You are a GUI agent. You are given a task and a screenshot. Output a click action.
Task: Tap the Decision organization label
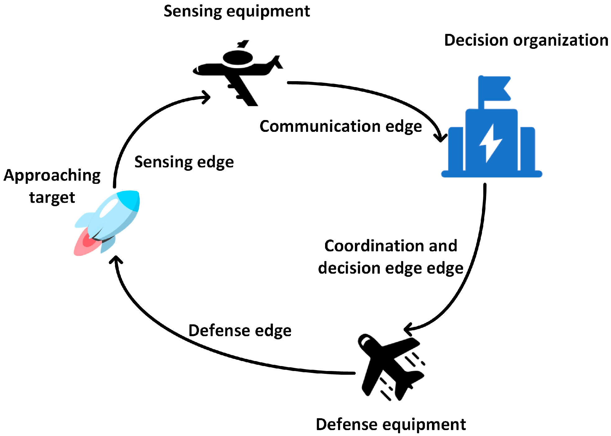point(526,40)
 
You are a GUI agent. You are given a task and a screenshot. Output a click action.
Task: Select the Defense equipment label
point(391,424)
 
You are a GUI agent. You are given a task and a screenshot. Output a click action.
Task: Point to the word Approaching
point(52,176)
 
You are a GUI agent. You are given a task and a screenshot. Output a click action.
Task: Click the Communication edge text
point(341,127)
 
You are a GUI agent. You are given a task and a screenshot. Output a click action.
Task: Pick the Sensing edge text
point(184,162)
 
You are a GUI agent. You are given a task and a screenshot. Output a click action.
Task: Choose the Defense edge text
point(240,331)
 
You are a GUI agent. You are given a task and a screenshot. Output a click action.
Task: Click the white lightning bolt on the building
point(490,143)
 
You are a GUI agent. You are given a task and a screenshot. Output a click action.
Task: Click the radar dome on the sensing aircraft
point(238,58)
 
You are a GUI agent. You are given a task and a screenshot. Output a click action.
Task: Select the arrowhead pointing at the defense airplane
point(408,329)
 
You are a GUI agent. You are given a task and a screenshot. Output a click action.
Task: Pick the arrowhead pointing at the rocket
point(116,260)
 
